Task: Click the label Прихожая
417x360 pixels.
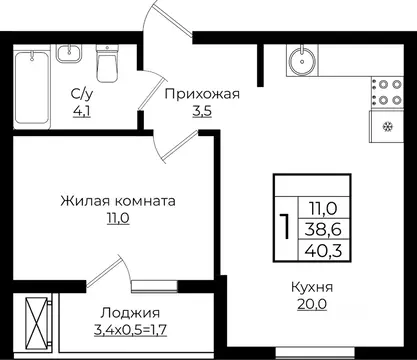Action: [201, 95]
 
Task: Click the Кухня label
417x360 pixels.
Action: [313, 288]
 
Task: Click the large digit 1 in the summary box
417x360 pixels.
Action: [286, 226]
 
